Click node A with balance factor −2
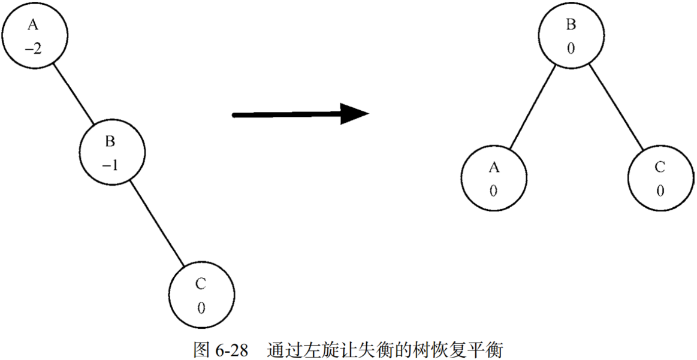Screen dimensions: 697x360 pos(34,36)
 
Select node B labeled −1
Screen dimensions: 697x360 pos(111,153)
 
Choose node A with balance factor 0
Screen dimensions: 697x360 pos(494,179)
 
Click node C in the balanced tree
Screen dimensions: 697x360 pos(659,179)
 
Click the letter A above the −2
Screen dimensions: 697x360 pos(32,25)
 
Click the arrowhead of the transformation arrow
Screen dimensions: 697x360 pos(354,114)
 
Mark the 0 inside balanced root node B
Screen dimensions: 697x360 pos(570,49)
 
